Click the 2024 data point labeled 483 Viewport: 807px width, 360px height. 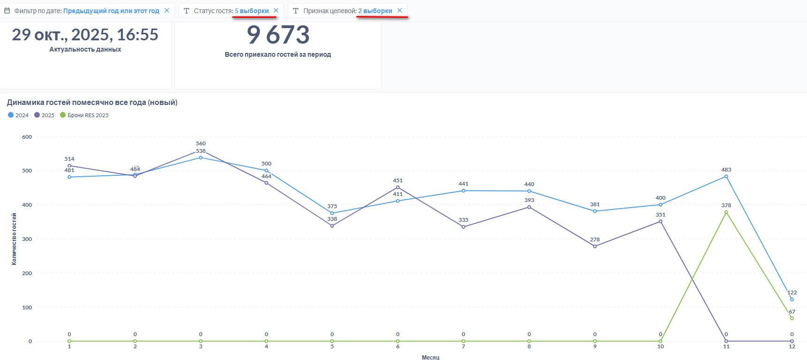pos(726,177)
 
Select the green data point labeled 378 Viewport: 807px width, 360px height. pos(726,212)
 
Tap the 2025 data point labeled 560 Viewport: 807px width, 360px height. pos(201,150)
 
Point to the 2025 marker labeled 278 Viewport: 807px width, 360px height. pos(595,247)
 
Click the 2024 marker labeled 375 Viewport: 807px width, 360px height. pos(332,213)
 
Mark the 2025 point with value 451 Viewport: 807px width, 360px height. pos(398,187)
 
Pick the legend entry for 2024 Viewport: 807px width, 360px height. pos(18,115)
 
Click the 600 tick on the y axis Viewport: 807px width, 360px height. pos(27,137)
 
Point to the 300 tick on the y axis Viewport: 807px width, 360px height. pos(27,239)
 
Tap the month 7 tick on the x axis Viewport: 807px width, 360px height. pos(463,347)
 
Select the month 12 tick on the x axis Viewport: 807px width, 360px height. pos(792,347)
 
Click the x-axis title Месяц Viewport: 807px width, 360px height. pos(430,357)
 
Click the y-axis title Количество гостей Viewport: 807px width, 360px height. pos(14,239)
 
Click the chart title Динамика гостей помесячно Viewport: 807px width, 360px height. pos(92,102)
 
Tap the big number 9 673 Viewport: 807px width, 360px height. pos(278,35)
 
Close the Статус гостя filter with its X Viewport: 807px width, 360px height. pos(276,10)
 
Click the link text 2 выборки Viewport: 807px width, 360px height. pos(375,11)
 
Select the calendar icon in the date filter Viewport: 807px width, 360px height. pos(7,10)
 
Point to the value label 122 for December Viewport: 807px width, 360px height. pos(792,292)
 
